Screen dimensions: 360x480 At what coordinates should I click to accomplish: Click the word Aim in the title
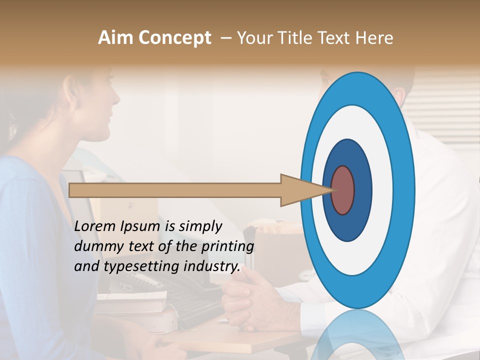click(116, 38)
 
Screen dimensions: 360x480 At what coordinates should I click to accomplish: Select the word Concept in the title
click(174, 38)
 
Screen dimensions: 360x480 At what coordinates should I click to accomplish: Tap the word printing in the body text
click(227, 247)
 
